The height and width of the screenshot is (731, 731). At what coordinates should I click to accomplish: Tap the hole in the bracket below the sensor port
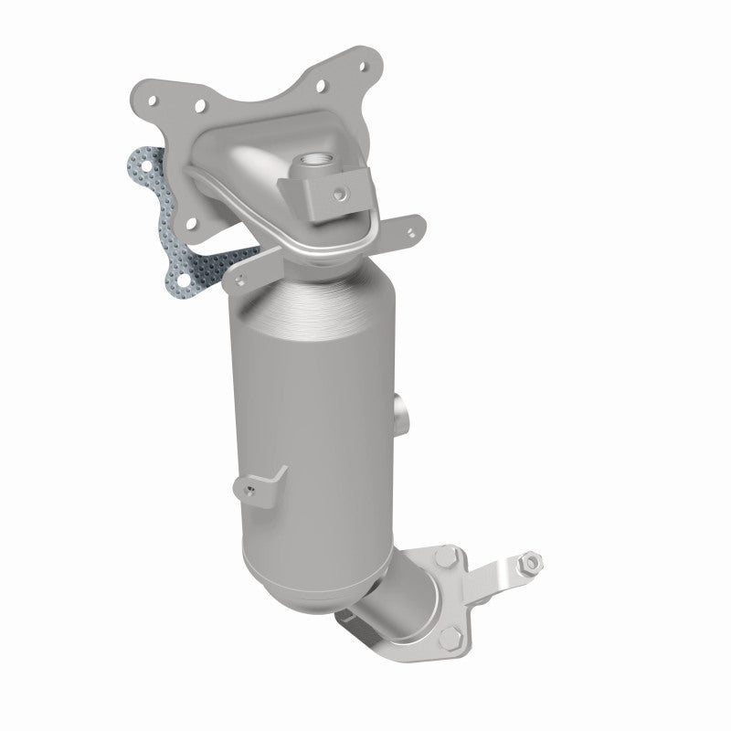tap(340, 193)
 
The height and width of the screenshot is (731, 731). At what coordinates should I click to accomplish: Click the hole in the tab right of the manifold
tap(405, 228)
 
